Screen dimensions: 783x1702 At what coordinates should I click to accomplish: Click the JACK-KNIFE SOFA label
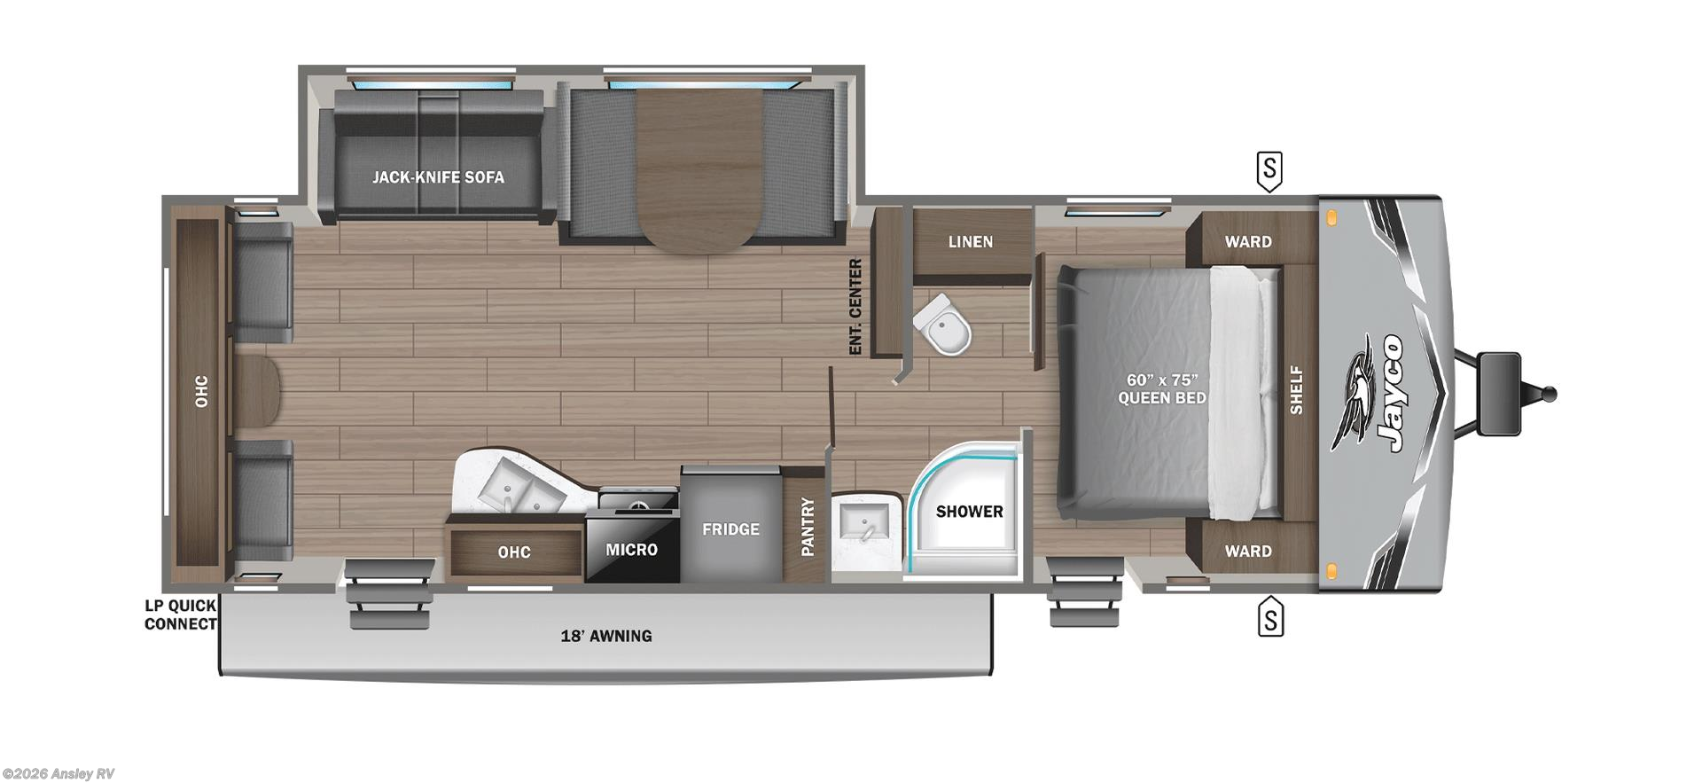point(438,177)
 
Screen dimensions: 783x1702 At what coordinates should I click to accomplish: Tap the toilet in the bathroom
point(945,325)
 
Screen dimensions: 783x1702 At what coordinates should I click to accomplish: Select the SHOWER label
point(969,512)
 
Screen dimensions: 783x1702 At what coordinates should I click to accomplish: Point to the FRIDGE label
point(730,529)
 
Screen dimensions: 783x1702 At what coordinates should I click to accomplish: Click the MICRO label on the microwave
point(631,550)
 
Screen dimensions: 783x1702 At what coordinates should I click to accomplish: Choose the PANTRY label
point(808,527)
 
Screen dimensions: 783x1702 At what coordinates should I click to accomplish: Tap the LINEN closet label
point(971,242)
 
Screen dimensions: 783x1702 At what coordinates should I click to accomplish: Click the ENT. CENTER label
point(855,307)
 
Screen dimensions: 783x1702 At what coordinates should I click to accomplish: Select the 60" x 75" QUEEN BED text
point(1161,389)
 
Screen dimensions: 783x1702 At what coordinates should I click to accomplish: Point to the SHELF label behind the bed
point(1296,390)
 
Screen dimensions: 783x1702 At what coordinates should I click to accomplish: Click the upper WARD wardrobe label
point(1248,242)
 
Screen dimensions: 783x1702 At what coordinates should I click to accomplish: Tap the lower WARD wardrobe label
point(1248,552)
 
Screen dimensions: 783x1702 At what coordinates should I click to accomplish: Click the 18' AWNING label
point(606,636)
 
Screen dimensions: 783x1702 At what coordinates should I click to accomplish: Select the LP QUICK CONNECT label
point(181,615)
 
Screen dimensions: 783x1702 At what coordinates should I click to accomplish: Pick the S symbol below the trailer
point(1270,618)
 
